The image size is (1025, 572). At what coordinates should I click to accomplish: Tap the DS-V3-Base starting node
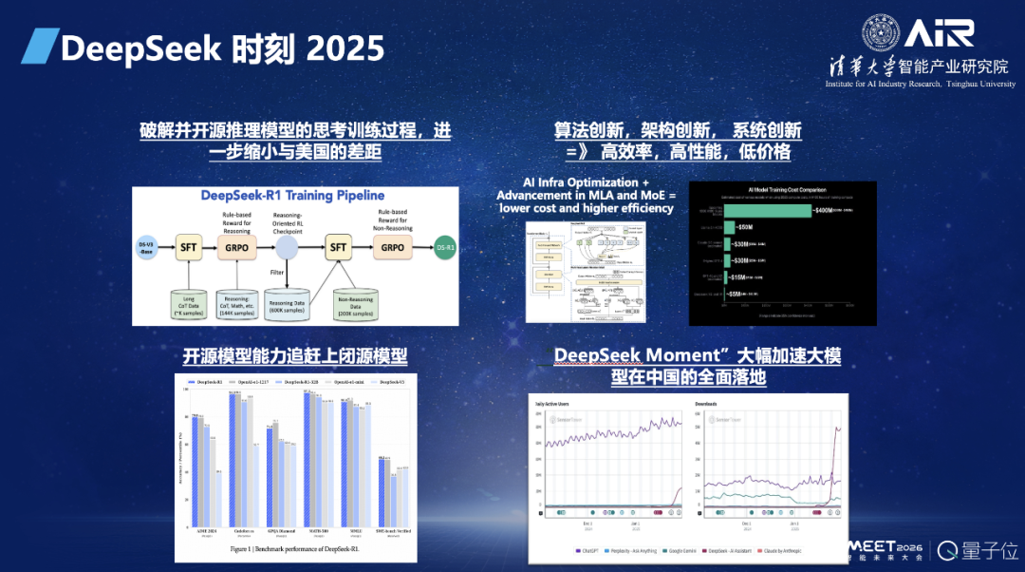[x=145, y=247]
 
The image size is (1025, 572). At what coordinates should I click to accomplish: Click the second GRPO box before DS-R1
[x=394, y=247]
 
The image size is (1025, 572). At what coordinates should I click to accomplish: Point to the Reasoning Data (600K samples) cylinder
[x=287, y=303]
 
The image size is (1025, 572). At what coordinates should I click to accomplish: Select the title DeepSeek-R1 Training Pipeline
[x=293, y=195]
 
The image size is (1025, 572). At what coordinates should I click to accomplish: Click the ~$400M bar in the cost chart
[x=769, y=210]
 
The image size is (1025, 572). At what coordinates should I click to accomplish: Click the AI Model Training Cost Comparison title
[x=782, y=189]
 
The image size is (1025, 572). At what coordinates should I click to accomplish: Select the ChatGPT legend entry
[x=589, y=550]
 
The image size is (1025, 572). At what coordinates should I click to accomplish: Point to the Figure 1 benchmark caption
[x=293, y=549]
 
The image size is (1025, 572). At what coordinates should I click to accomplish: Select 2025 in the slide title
[x=345, y=47]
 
